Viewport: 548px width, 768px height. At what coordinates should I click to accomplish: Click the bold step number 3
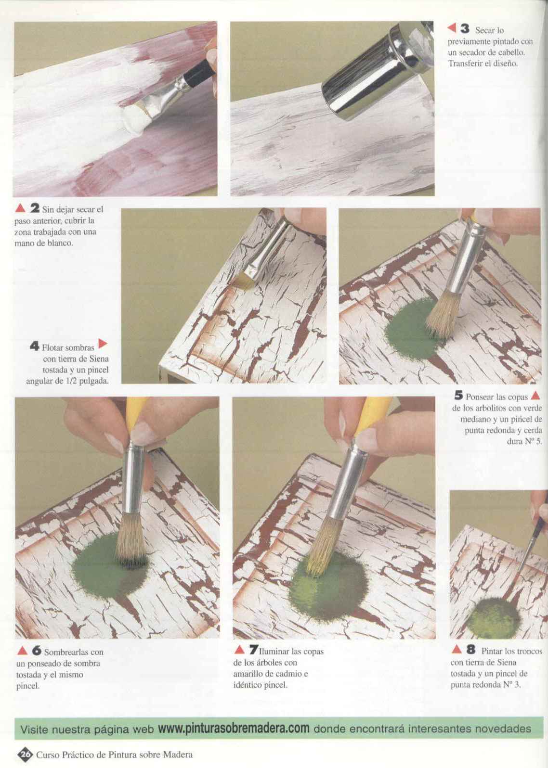pyautogui.click(x=465, y=29)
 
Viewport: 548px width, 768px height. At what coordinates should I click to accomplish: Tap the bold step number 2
pyautogui.click(x=35, y=208)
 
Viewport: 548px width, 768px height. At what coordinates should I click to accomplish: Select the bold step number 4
pyautogui.click(x=35, y=346)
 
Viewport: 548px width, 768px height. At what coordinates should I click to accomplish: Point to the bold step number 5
pyautogui.click(x=458, y=396)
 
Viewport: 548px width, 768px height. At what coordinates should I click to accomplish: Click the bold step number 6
pyautogui.click(x=37, y=650)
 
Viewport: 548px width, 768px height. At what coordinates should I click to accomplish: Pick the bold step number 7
pyautogui.click(x=254, y=649)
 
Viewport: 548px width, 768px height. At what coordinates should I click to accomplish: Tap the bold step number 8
pyautogui.click(x=471, y=649)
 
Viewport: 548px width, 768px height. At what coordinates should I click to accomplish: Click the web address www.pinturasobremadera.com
pyautogui.click(x=234, y=728)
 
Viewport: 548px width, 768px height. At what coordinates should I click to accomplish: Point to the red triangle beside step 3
pyautogui.click(x=452, y=28)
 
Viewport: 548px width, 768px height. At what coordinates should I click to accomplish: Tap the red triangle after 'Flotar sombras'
pyautogui.click(x=103, y=343)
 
